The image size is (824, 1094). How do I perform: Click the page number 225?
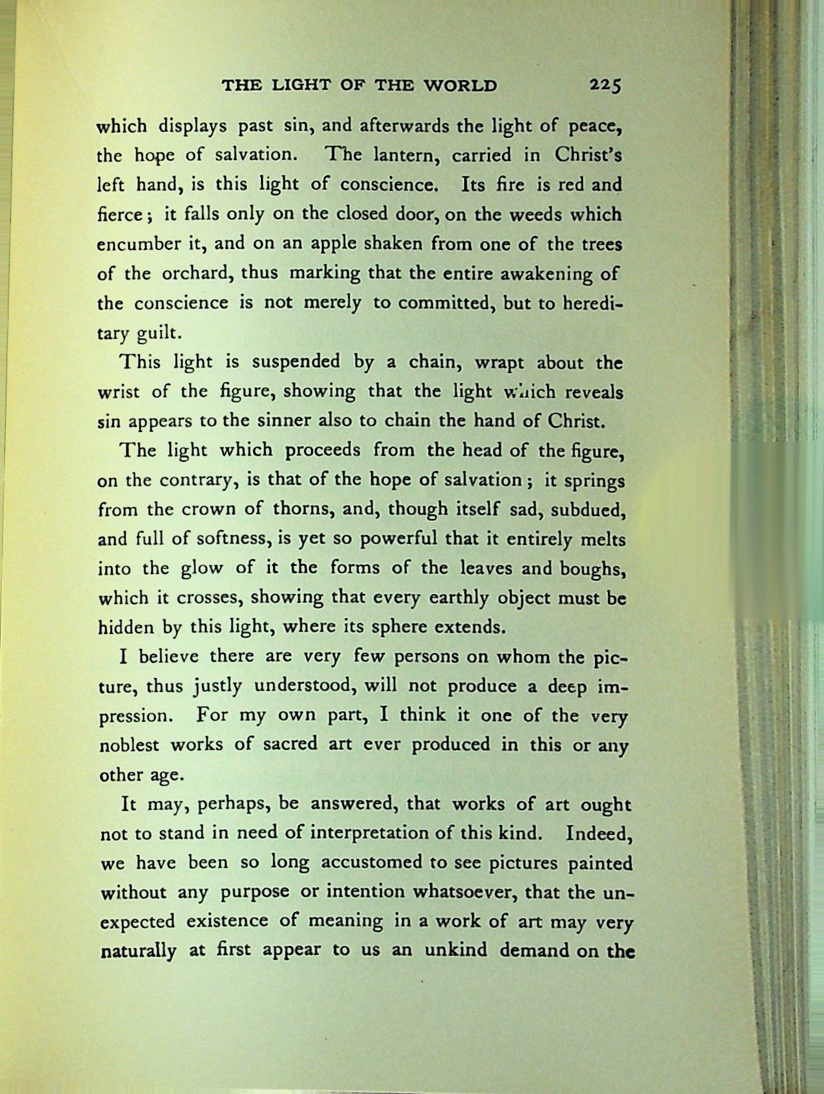tap(606, 85)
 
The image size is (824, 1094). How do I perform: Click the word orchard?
tap(196, 274)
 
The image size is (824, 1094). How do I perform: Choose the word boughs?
tap(592, 568)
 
